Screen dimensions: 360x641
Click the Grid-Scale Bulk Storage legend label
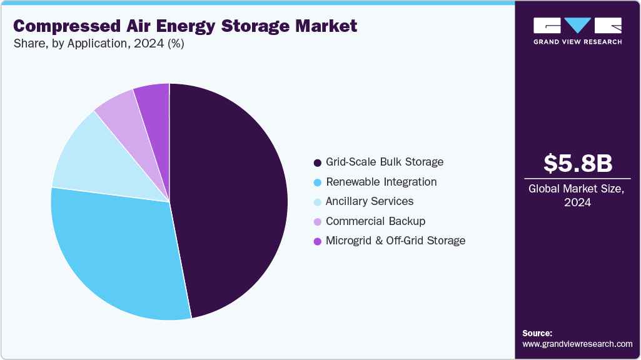(384, 162)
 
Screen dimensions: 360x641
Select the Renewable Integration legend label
(381, 182)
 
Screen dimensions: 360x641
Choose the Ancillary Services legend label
(369, 201)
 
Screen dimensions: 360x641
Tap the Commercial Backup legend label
(375, 221)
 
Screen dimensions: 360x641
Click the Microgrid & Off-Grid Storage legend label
(395, 241)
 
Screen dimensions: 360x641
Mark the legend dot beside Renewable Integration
(317, 182)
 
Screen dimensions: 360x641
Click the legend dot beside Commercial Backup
(317, 221)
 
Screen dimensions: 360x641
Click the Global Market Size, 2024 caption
(577, 195)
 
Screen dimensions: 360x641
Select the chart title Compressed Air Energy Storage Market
(185, 26)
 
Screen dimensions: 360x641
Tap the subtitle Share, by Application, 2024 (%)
(98, 44)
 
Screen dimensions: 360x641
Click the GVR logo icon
(577, 26)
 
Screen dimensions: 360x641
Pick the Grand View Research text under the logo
(577, 42)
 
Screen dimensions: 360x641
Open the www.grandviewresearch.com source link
(577, 344)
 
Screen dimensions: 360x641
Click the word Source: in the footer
(537, 333)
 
